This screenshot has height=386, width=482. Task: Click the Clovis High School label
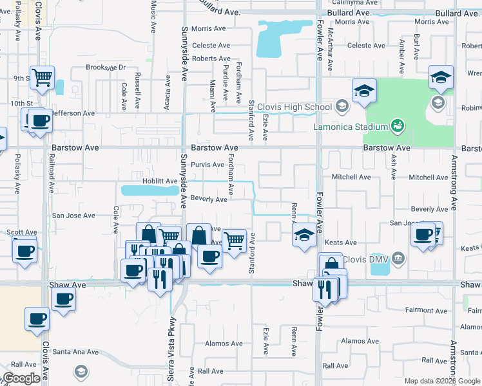click(x=294, y=107)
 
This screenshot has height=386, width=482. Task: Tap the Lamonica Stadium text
click(x=351, y=127)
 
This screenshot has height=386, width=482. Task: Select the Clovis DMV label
click(x=365, y=259)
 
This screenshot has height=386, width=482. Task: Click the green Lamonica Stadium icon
click(x=398, y=125)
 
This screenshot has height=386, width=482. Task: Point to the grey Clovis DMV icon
click(x=399, y=259)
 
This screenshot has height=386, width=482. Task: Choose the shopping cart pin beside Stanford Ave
click(x=235, y=241)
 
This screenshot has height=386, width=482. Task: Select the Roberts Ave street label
click(x=211, y=59)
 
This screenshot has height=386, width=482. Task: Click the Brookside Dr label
click(x=106, y=67)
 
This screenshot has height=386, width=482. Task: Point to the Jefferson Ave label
click(x=73, y=113)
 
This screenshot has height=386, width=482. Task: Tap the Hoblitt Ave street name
click(x=150, y=181)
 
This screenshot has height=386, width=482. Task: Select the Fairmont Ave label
click(x=426, y=310)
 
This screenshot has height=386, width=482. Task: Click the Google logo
click(x=22, y=378)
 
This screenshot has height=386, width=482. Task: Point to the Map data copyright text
click(x=441, y=381)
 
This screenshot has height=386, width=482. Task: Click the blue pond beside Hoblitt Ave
click(x=149, y=190)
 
